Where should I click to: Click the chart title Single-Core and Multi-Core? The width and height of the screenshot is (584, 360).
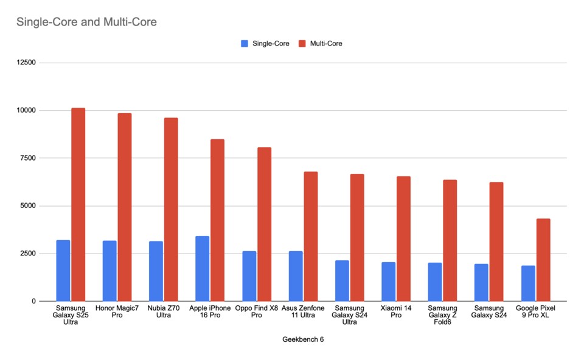tap(86, 22)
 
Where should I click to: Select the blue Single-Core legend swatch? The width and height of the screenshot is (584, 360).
tap(245, 43)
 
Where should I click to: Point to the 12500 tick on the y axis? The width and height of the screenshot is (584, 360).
tap(27, 63)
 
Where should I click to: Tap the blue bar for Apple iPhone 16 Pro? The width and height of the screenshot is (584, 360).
tap(203, 268)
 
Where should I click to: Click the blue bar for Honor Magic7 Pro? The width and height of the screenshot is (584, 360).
tap(109, 271)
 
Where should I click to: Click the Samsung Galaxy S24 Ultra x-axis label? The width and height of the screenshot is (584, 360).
tap(349, 315)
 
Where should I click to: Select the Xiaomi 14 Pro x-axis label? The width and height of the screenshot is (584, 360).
tap(396, 312)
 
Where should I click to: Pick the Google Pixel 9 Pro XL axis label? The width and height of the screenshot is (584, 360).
tap(536, 312)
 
